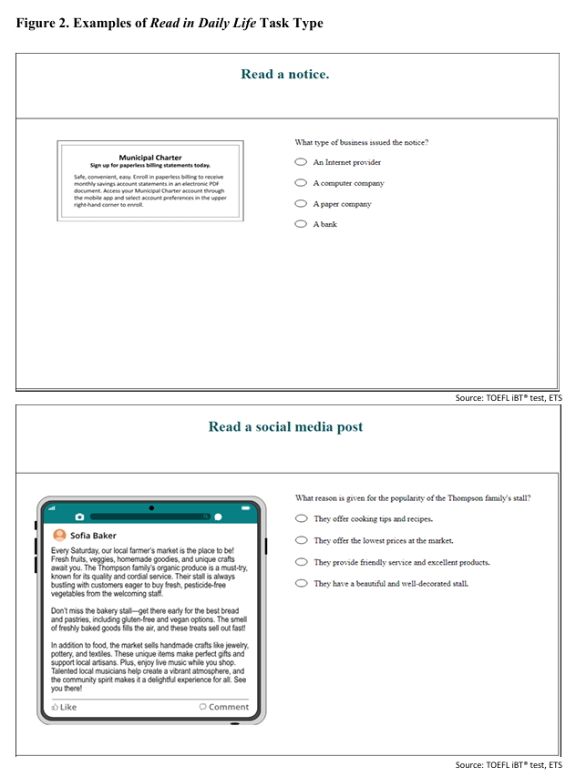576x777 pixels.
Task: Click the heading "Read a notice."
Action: pos(284,75)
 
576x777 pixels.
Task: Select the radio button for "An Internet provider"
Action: pos(301,162)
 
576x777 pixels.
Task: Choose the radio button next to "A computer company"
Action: pos(301,183)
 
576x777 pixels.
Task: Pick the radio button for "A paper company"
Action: pos(301,204)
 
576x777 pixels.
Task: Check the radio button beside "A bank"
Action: pos(301,224)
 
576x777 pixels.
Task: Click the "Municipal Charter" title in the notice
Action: pos(150,158)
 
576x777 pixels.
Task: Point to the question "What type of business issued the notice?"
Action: pos(362,142)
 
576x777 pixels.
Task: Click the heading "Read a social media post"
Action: pos(285,426)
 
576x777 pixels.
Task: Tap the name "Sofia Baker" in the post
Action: pos(93,536)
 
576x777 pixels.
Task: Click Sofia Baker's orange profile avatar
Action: pos(60,536)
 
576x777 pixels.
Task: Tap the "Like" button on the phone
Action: pos(65,707)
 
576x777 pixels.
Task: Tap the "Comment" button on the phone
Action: pos(223,707)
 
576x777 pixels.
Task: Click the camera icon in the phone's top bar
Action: pos(79,517)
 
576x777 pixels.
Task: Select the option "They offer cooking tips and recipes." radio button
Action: pos(302,518)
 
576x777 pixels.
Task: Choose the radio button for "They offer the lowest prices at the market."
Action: pos(302,540)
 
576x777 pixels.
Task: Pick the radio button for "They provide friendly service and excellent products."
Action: pos(302,562)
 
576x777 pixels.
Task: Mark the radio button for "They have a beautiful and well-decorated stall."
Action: pos(302,583)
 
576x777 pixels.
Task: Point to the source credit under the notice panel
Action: pos(509,399)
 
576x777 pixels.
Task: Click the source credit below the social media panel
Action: pos(509,764)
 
